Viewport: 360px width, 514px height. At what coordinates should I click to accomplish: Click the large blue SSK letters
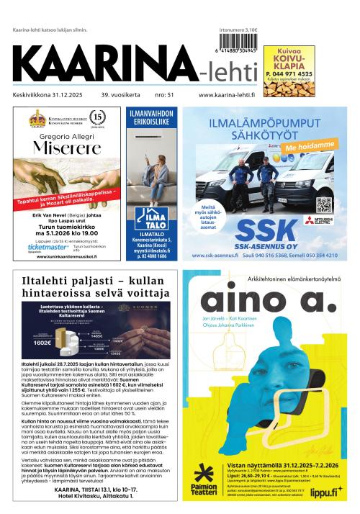click(x=266, y=231)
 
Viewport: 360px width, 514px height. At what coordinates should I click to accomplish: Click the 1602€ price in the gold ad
click(x=44, y=343)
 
